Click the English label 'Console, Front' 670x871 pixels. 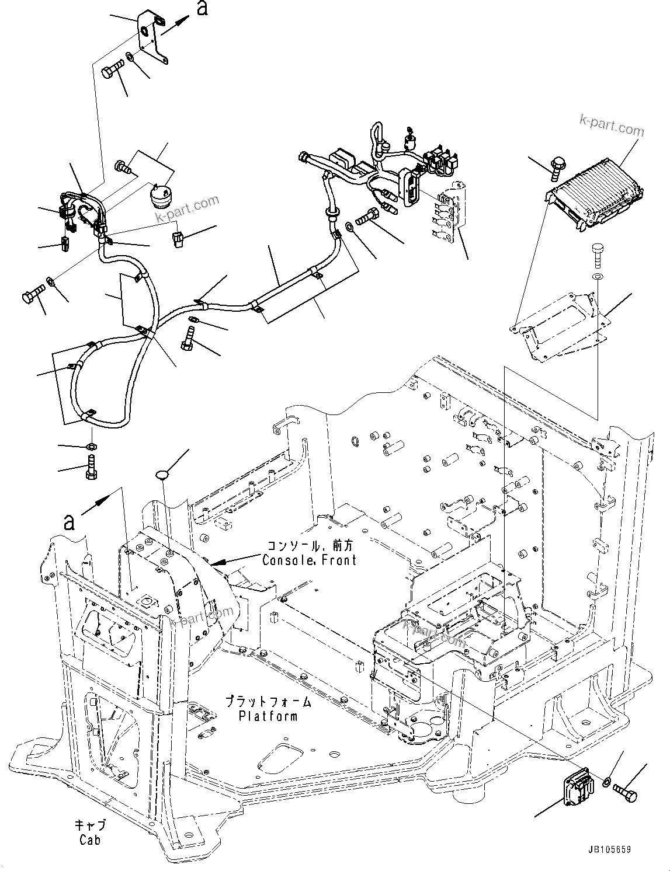[x=309, y=560]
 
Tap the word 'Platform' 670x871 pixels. [x=268, y=716]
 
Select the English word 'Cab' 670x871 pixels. [x=90, y=839]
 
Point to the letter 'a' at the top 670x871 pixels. [x=203, y=10]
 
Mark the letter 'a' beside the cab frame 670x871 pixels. [x=70, y=521]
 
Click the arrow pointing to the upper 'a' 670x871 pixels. [x=176, y=26]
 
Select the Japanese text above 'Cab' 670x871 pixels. [x=90, y=825]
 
